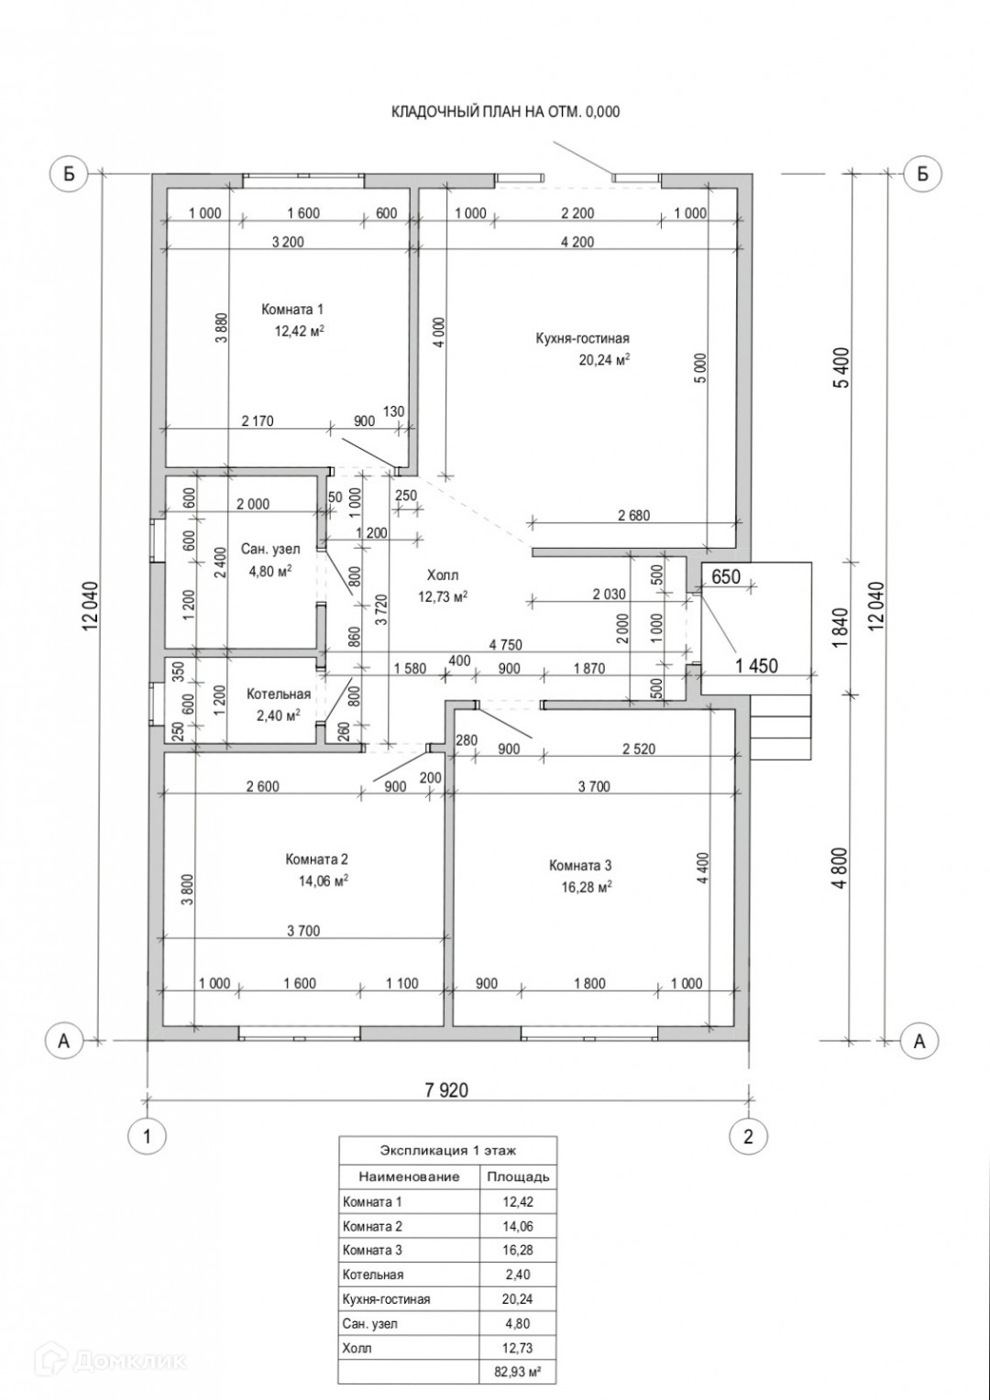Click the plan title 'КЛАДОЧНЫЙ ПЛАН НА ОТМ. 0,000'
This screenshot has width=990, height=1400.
tap(506, 112)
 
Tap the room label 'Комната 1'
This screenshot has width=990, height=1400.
tap(292, 310)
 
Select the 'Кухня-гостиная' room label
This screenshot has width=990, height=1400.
tap(583, 338)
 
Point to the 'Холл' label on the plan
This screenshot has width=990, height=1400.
tap(443, 575)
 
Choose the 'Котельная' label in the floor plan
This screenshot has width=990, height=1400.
tap(279, 695)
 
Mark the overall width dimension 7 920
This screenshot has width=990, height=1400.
tap(446, 1090)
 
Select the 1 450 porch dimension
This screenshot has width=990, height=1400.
tap(757, 666)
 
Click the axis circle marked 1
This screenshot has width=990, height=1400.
tap(147, 1136)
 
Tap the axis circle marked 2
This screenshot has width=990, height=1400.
tap(748, 1136)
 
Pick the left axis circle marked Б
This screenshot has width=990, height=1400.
tap(67, 173)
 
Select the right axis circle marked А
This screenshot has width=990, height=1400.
tap(919, 1040)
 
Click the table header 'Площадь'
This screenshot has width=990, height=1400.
tap(518, 1176)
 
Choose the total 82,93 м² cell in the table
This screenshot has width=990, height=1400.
tap(518, 1372)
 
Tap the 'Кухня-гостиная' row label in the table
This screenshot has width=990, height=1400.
tap(386, 1299)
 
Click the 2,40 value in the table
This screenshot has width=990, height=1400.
tap(518, 1274)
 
